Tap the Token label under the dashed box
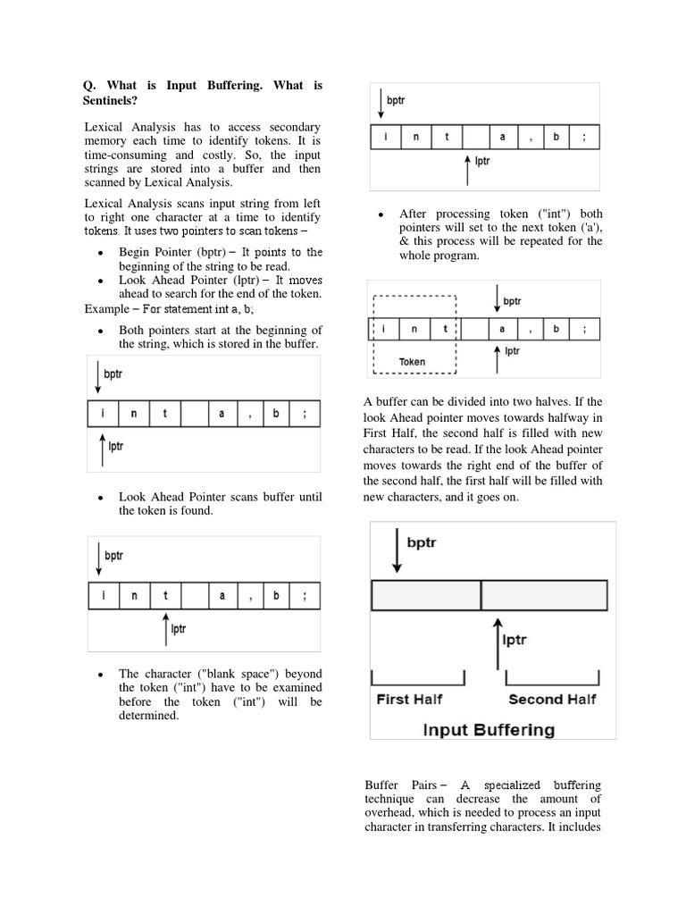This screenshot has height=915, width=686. pos(412,362)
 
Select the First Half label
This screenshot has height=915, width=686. pos(409,699)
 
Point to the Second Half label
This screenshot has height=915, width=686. pos(553,699)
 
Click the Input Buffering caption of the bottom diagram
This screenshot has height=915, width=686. pos(489,729)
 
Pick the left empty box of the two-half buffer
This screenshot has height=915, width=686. pos(426,595)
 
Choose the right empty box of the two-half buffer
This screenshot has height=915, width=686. pos(545,595)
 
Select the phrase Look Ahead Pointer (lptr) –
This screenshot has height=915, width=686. pos(182,280)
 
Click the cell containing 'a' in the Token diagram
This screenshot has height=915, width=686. pos(502,328)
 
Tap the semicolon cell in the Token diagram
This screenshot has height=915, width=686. pos(585,328)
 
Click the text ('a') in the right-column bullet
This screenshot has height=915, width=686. pos(587,227)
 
